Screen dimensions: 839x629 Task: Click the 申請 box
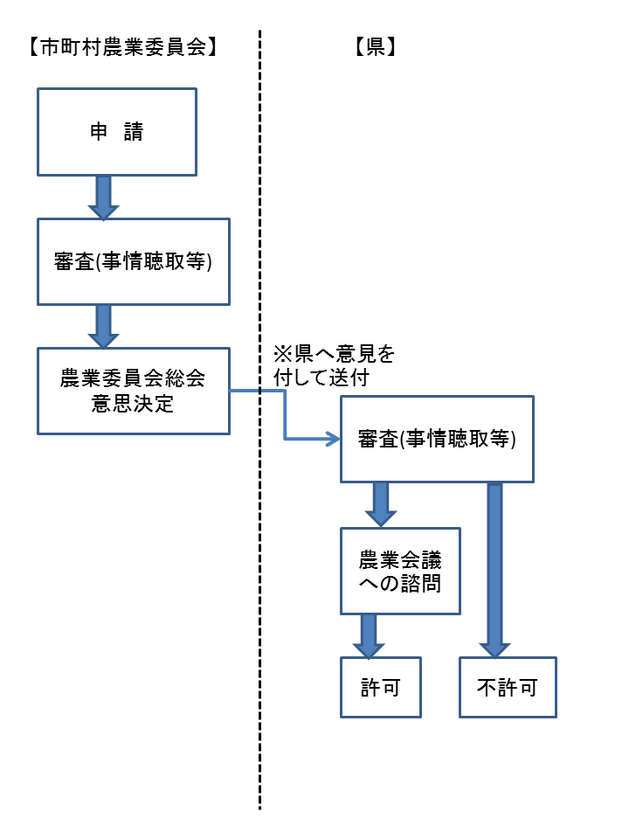[x=116, y=132]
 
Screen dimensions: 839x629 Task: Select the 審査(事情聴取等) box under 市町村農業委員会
[x=133, y=262]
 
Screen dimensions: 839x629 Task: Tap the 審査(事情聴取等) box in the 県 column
[x=436, y=440]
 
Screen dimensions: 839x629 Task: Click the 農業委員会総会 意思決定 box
[x=133, y=391]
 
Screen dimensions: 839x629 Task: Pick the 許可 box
[x=381, y=688]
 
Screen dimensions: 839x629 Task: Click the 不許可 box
[x=508, y=688]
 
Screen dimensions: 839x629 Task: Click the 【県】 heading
[x=377, y=49]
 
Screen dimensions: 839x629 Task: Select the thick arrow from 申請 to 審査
[x=103, y=197]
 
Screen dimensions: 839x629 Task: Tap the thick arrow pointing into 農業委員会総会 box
[x=103, y=326]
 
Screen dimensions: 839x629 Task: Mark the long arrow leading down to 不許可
[x=494, y=568]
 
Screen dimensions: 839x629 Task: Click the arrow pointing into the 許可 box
[x=368, y=635]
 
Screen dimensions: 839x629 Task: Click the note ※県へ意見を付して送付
[x=333, y=366]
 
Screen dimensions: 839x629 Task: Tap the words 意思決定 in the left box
[x=133, y=404]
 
